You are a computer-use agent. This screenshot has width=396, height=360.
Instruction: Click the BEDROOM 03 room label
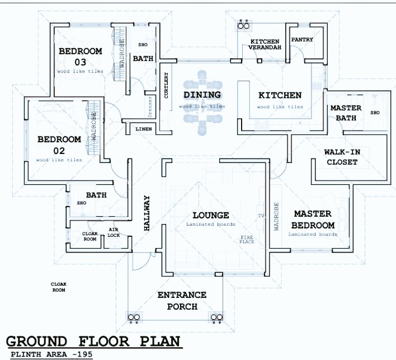click(x=81, y=56)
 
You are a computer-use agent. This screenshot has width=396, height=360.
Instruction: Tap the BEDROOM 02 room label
click(x=59, y=145)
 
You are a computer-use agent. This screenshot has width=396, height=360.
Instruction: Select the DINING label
click(x=202, y=95)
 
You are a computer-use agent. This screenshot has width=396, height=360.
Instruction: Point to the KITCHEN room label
click(x=280, y=96)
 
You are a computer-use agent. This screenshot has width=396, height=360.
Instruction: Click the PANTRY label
click(x=302, y=40)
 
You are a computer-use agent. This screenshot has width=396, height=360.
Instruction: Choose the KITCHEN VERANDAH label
click(x=265, y=45)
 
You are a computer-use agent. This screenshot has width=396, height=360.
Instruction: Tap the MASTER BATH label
click(x=346, y=113)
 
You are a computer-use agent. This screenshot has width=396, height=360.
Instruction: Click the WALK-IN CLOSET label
click(x=341, y=157)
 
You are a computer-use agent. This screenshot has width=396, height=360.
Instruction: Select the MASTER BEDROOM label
click(x=313, y=219)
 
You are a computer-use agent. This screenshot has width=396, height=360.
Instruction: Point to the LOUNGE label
click(x=210, y=216)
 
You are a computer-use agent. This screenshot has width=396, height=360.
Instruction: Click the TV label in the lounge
click(x=260, y=216)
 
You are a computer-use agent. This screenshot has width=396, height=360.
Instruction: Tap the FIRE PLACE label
click(x=247, y=240)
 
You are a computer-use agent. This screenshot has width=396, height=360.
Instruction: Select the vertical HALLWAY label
click(x=147, y=213)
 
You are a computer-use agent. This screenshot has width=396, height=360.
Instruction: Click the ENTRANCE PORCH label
click(x=182, y=301)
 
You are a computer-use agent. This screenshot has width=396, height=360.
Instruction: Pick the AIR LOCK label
click(x=114, y=232)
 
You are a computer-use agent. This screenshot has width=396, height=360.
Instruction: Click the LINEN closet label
click(x=143, y=129)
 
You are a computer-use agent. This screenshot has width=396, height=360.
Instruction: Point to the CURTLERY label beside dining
click(x=166, y=86)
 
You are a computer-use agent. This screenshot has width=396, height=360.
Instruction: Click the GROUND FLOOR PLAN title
click(x=93, y=342)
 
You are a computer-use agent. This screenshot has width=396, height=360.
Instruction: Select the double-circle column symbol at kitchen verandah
click(x=244, y=26)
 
